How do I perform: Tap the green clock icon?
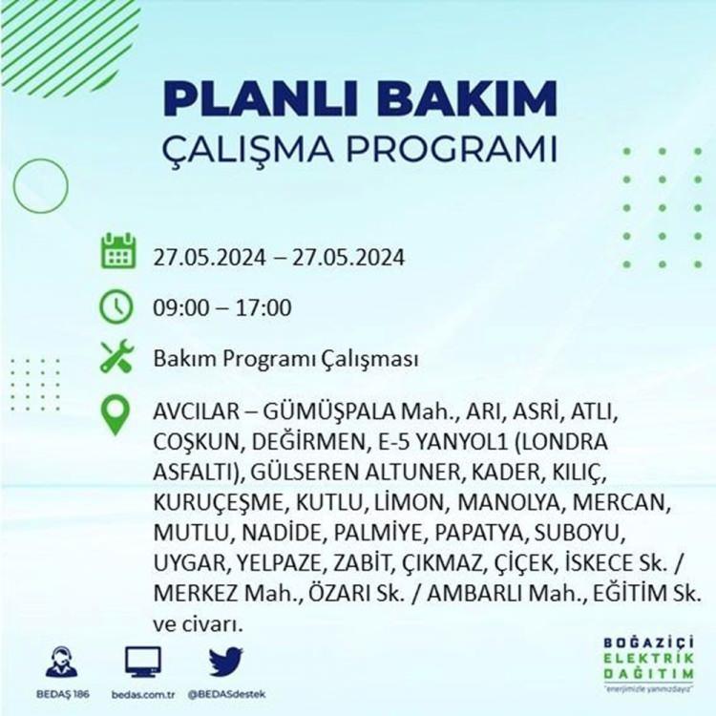click(x=116, y=306)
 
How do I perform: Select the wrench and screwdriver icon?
click(x=116, y=357)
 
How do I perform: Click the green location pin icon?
click(x=116, y=414)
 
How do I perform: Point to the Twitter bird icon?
click(x=226, y=662)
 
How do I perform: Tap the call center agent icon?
click(x=62, y=662)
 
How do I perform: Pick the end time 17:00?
click(x=263, y=307)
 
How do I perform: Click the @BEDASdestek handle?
click(x=226, y=695)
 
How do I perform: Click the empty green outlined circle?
click(x=13, y=186)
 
